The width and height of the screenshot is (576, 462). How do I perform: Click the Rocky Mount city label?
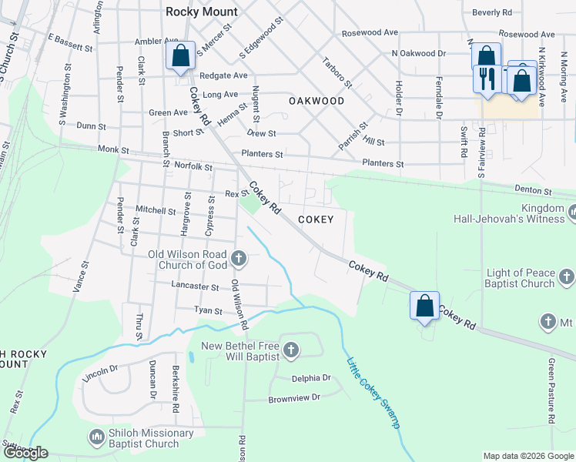202,12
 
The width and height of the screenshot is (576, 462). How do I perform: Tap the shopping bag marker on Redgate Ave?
179,56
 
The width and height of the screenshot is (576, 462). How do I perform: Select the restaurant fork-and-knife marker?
487,79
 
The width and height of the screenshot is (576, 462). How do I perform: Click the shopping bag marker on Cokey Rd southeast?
424,306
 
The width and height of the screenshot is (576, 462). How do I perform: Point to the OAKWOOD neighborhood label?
316,101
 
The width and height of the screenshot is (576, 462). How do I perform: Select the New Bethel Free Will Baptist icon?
291,351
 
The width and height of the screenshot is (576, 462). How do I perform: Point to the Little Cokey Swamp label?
373,394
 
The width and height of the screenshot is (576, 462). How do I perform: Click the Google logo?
25,453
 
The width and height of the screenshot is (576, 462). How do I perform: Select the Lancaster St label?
199,286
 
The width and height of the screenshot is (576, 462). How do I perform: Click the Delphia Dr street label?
311,378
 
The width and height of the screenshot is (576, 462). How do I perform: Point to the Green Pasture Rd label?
551,391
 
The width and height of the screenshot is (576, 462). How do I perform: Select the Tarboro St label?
337,72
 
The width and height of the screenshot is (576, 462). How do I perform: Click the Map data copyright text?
527,456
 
